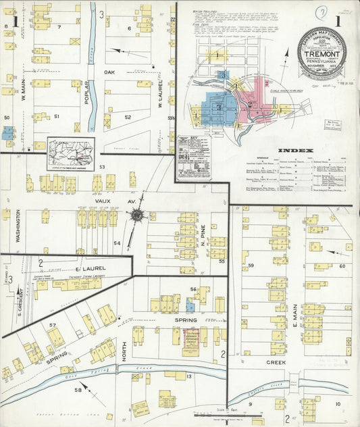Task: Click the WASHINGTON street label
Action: coord(18,226)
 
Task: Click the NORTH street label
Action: coord(124,349)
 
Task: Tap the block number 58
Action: coord(78,390)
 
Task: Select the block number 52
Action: coord(127,117)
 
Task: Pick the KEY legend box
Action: coord(193,157)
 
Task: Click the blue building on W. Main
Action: coord(7,132)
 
